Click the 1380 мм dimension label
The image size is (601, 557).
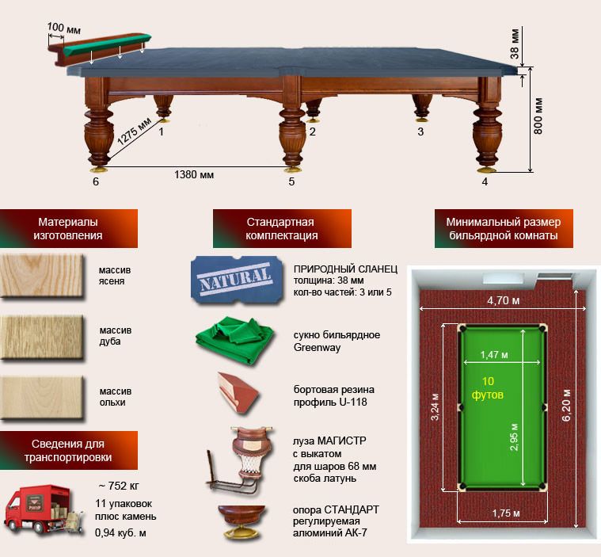pos(194,175)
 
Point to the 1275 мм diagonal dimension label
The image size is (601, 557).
pos(134,132)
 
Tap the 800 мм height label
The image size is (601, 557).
pos(538,116)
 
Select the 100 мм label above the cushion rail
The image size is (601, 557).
pos(63,29)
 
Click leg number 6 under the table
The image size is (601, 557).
pos(96,181)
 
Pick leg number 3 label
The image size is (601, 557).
pos(420,132)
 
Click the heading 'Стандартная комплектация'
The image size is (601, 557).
pos(282,229)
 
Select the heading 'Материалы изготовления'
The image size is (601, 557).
pos(68,229)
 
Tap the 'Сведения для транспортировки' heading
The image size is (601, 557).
pos(68,450)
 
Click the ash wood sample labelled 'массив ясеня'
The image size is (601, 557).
pos(41,276)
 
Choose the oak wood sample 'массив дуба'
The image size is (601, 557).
pos(41,338)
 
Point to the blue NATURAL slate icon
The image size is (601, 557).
pos(237,280)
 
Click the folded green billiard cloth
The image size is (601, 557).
pos(234,340)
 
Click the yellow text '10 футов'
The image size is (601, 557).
pos(488,387)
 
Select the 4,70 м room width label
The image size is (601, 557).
pos(504,301)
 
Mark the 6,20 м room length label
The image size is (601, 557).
pos(566,405)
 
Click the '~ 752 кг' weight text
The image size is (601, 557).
pos(120,486)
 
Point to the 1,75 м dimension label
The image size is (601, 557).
pos(506,513)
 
